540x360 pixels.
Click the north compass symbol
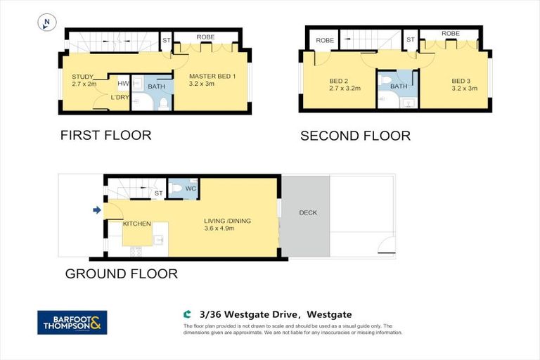(x=46, y=23)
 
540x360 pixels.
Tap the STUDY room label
(x=83, y=77)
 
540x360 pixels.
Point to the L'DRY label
(x=120, y=97)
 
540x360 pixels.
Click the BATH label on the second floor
(x=399, y=86)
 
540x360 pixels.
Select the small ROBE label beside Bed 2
(x=324, y=41)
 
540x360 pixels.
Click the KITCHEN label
(x=137, y=224)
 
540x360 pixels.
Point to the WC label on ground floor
(x=190, y=188)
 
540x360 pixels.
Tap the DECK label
(x=308, y=212)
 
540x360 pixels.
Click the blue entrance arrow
(x=96, y=209)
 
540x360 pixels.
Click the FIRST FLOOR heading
(x=105, y=135)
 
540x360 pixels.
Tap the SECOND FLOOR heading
(x=355, y=136)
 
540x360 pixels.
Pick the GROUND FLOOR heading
(x=121, y=274)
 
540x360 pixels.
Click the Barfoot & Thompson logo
(x=72, y=322)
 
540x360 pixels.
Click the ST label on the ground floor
(x=159, y=193)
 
